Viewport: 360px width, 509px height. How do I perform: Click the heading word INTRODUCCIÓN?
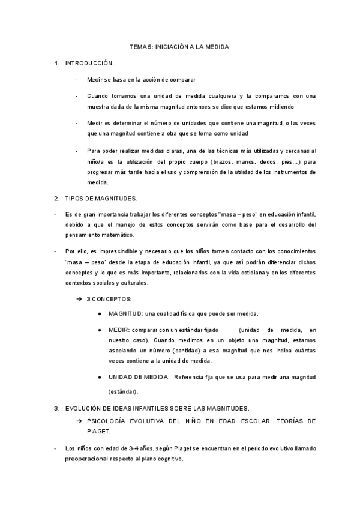(89, 62)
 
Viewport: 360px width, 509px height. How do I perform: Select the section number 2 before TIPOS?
(56, 198)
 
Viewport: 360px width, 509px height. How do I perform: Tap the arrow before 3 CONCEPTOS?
(79, 298)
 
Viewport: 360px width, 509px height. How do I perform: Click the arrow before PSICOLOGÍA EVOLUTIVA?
(79, 421)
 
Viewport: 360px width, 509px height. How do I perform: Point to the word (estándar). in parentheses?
(123, 392)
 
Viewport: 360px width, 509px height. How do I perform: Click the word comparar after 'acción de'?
(182, 80)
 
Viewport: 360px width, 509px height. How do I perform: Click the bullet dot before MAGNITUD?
(99, 313)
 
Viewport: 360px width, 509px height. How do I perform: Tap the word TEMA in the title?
(139, 46)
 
